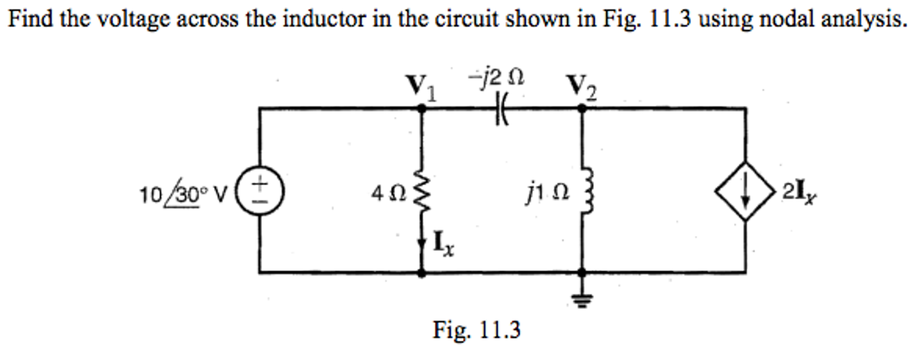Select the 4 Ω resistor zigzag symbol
(421, 192)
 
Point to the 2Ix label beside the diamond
(800, 193)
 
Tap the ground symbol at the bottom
(582, 300)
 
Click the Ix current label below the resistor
(443, 244)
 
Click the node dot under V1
(421, 108)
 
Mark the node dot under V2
(582, 108)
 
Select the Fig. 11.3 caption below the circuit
(476, 330)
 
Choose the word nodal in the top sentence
(788, 19)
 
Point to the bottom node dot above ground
(582, 271)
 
